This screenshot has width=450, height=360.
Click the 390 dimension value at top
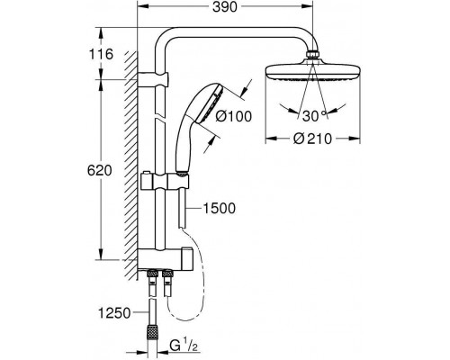point(225,7)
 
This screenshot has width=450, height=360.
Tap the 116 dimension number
point(101,54)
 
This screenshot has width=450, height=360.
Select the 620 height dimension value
point(99,170)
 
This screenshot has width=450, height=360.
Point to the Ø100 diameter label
point(234,116)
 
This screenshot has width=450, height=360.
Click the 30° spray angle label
point(314,116)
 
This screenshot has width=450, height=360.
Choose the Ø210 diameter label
point(313,139)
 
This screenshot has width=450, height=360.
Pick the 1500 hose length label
point(220,208)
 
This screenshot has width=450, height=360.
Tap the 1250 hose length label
point(114,313)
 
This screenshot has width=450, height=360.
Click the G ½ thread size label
point(184,345)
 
